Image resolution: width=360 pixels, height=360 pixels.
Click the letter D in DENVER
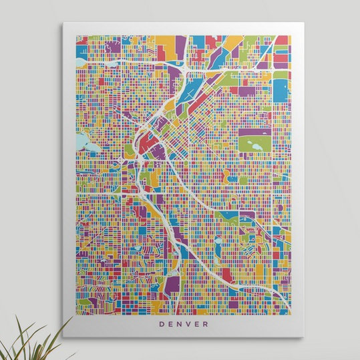coord(161,325)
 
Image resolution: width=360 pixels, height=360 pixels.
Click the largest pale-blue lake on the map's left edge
coord(83,142)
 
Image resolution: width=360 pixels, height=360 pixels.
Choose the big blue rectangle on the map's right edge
coord(280,90)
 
